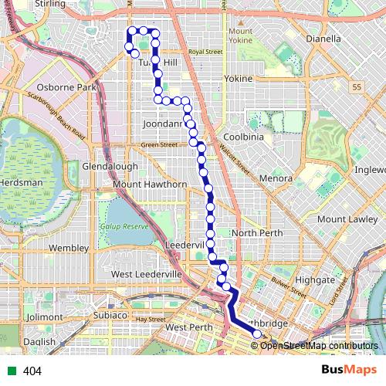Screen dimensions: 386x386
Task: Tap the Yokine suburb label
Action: (237, 79)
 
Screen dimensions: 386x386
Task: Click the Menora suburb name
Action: (275, 178)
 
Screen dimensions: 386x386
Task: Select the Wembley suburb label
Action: (69, 248)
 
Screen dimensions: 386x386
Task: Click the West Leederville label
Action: (146, 274)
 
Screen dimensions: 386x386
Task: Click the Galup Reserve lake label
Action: (124, 226)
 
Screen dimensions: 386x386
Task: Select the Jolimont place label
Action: (43, 317)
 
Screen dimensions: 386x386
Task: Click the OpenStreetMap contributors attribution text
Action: (319, 345)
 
